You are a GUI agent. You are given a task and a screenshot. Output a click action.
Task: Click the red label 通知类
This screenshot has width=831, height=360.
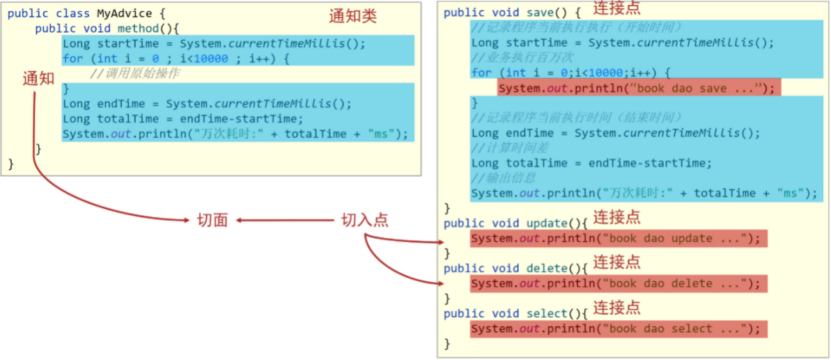coord(352,16)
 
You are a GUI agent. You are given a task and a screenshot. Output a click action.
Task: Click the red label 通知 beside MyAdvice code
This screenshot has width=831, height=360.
coord(38,79)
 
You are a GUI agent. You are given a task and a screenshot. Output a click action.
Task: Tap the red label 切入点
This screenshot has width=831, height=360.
coord(364,221)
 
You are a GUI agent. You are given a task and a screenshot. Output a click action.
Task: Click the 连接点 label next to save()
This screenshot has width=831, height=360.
coord(616,9)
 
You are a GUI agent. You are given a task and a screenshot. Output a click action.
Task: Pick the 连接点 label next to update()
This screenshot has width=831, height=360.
coord(616,217)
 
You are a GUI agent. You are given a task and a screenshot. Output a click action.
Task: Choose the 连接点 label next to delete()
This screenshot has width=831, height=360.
coord(616,263)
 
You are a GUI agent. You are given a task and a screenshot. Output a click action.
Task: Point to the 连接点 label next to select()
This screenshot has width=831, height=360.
coord(616,308)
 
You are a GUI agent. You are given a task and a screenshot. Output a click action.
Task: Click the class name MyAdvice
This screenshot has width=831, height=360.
coord(125,13)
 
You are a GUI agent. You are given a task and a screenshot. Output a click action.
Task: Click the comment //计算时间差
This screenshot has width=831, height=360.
coord(506,148)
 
